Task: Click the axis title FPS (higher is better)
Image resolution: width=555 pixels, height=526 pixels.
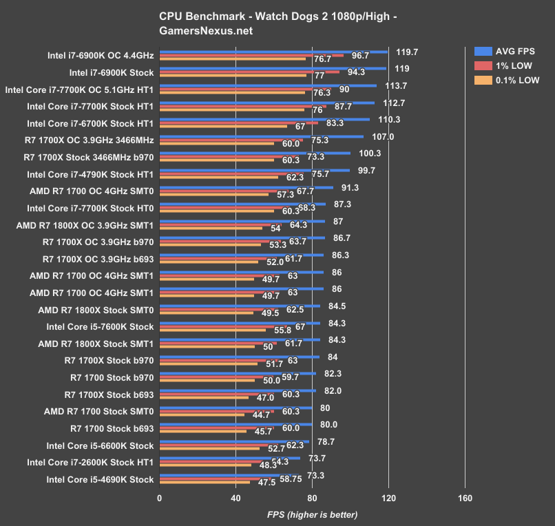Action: pos(313,514)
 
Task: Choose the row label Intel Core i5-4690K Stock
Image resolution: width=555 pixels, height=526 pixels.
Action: pos(100,479)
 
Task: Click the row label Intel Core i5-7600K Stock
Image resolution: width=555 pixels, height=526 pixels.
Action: pos(100,326)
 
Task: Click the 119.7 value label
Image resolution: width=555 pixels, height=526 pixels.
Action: pos(407,52)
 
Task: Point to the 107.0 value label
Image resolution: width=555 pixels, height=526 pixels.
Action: pos(382,136)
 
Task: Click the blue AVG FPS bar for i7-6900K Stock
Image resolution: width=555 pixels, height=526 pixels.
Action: pos(273,68)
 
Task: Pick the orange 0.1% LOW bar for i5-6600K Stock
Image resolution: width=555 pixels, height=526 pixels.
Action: pos(209,449)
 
